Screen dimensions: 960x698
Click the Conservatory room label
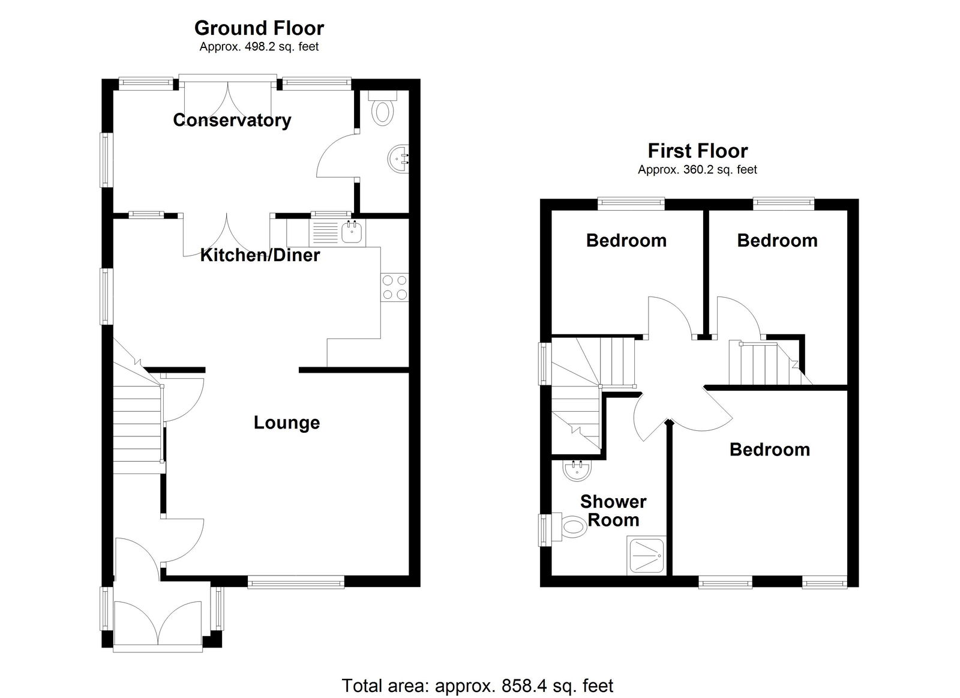(232, 121)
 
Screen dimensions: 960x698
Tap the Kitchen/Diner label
(260, 255)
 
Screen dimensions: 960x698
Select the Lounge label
(287, 423)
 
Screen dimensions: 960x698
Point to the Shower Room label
(613, 511)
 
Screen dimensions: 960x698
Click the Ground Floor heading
(259, 28)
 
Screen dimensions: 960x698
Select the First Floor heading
(698, 151)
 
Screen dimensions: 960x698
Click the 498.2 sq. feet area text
(281, 47)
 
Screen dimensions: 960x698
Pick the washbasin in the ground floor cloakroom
(398, 159)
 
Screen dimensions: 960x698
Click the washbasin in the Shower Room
(577, 471)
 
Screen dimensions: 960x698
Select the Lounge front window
(296, 582)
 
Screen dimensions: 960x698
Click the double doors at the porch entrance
(158, 624)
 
